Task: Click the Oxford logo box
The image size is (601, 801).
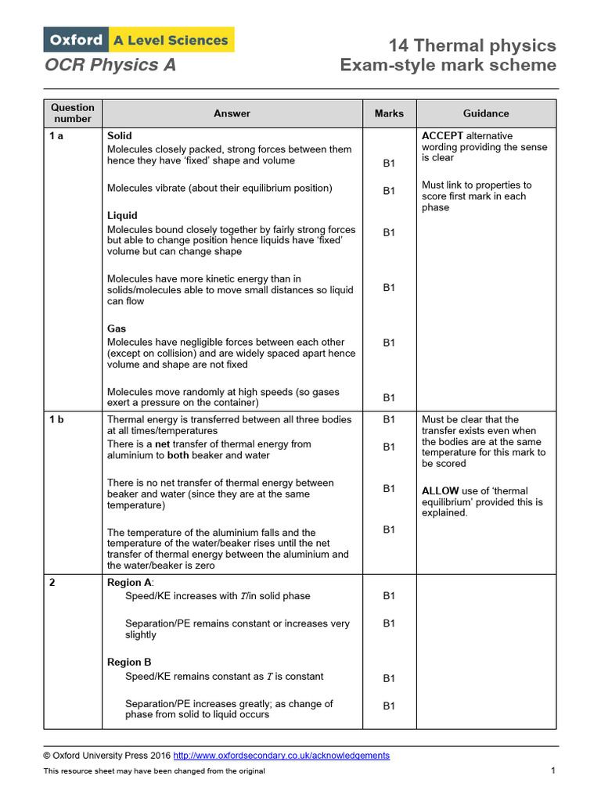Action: [x=76, y=40]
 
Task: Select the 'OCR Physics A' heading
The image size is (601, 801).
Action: [x=110, y=65]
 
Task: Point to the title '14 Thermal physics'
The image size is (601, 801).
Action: [x=472, y=45]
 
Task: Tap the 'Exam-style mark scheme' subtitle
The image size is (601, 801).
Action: [x=448, y=65]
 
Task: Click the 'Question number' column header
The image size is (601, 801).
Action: [x=73, y=113]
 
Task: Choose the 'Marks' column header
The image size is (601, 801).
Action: [x=389, y=113]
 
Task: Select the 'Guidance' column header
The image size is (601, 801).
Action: [x=486, y=113]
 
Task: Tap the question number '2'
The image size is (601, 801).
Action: [x=52, y=582]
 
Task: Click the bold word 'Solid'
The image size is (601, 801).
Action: [x=120, y=136]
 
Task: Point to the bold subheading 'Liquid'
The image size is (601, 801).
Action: [x=122, y=215]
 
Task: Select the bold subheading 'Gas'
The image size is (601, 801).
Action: [x=117, y=329]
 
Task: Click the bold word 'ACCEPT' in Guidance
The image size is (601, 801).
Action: [x=443, y=136]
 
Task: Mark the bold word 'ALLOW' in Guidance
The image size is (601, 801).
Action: [x=441, y=491]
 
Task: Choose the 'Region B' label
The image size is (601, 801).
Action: [x=129, y=662]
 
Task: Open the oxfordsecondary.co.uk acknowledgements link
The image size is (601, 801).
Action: [x=281, y=756]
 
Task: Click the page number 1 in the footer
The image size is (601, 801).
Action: [x=552, y=771]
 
